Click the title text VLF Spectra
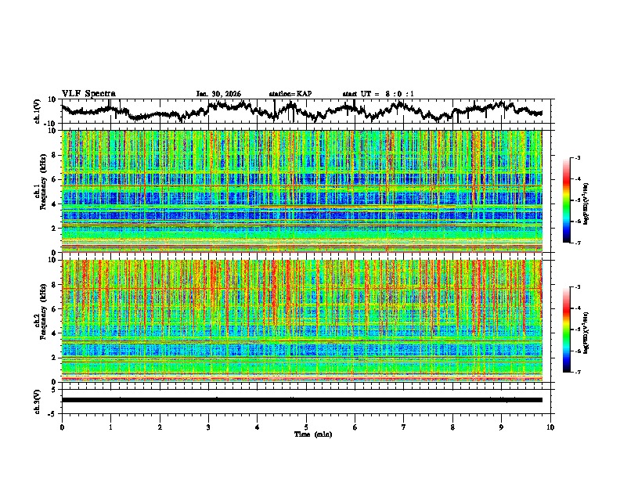tap(88, 93)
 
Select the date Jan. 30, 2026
tap(218, 94)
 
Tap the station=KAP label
tap(290, 94)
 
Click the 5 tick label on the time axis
tap(306, 427)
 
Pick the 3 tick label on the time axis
tap(208, 427)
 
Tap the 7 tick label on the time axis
tap(404, 427)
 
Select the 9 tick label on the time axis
tap(502, 427)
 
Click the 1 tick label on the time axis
tap(110, 427)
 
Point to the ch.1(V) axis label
tap(38, 111)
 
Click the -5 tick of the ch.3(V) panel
tap(51, 412)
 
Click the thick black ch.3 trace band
tap(301, 400)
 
